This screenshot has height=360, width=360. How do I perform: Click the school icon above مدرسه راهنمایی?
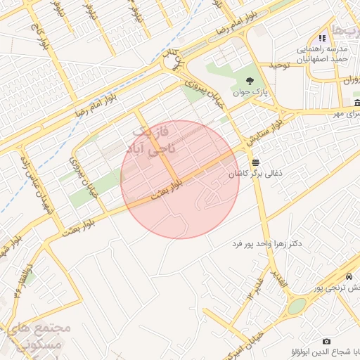pos(322,38)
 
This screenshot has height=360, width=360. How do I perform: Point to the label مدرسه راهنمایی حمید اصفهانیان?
pos(321,54)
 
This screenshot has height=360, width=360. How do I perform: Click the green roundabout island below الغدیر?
pos(297,306)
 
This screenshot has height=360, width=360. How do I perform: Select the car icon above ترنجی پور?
pos(349,276)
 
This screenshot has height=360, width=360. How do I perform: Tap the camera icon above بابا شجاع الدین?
pos(326,341)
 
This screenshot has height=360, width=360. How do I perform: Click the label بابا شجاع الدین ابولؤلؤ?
pos(326,352)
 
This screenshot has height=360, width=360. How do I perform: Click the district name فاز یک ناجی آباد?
pos(152,141)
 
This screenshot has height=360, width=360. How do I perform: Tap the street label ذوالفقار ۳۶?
pos(22,280)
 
